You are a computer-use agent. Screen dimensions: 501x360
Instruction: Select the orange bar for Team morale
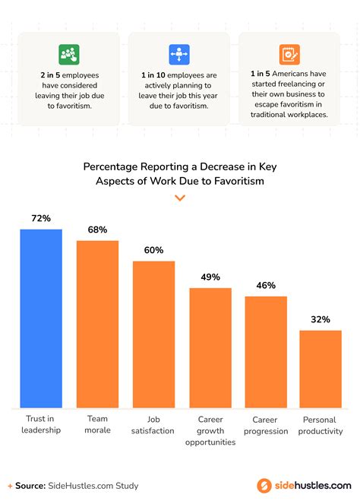[97, 324]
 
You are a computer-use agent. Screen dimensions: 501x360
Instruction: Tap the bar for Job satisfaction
[153, 334]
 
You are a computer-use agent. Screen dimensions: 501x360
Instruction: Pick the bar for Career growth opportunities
[210, 347]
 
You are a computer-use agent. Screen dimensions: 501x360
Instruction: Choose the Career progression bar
[266, 351]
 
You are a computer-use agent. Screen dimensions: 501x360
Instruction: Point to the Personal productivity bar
[320, 369]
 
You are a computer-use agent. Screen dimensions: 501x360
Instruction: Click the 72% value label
[41, 219]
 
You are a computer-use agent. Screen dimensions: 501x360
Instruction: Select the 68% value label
[97, 230]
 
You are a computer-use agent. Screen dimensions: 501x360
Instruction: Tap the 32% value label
[320, 319]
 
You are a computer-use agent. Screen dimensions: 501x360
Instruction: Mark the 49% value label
[210, 277]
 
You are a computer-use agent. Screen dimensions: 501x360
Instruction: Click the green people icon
[69, 54]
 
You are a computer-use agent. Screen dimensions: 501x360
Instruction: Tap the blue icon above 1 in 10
[179, 54]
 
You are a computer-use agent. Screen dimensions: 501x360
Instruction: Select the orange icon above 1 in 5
[289, 54]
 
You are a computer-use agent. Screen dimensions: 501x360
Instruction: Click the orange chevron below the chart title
[180, 198]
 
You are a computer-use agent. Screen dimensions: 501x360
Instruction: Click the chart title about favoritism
[180, 173]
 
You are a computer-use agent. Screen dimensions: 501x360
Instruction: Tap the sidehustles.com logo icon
[264, 485]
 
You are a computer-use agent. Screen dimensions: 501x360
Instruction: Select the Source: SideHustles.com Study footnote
[74, 485]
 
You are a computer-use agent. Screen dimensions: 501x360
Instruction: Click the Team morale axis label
[97, 424]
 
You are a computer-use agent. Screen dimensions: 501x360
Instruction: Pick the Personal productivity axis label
[320, 425]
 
